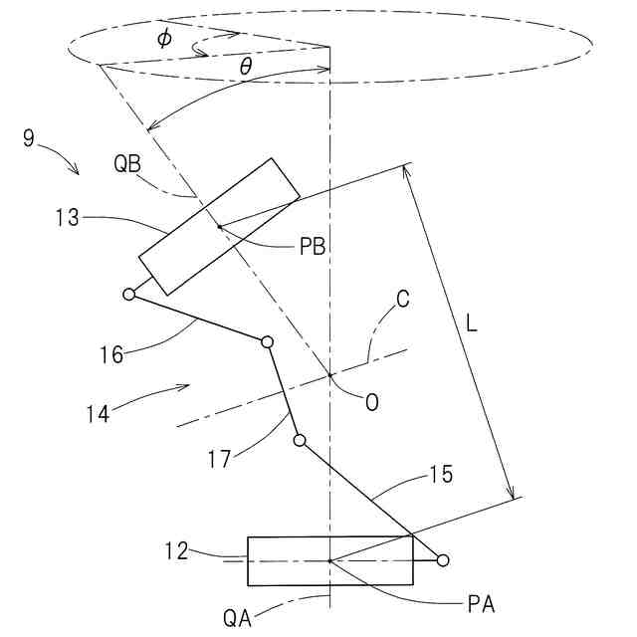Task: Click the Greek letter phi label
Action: pos(164,38)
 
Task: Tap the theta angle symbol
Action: pos(245,68)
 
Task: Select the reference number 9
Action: pos(29,138)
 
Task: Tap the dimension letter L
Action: pos(476,323)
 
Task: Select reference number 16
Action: pos(110,353)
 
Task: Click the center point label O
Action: pos(371,402)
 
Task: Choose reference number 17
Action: pos(221,459)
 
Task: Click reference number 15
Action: pos(441,475)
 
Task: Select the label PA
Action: pos(481,602)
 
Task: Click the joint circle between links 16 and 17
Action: pos(267,342)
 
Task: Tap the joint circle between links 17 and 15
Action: pos(299,440)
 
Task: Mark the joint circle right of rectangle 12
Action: pos(443,560)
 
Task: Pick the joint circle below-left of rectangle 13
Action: pos(129,294)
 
